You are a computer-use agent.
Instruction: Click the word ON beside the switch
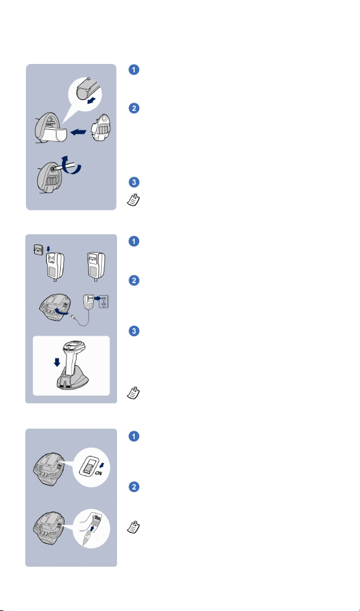coord(99,473)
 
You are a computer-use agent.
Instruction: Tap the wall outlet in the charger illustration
coord(104,301)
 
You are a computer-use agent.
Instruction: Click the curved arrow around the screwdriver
coord(73,165)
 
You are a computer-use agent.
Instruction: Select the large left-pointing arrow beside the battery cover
coord(78,132)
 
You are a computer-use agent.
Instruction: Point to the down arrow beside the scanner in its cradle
coord(57,362)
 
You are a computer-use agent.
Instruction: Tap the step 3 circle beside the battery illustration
coord(134,182)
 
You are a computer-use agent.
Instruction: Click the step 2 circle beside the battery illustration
coord(134,108)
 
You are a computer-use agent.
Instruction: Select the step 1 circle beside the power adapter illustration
coord(134,241)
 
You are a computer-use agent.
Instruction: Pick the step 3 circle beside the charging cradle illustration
coord(134,331)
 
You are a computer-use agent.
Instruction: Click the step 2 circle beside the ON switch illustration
coord(134,487)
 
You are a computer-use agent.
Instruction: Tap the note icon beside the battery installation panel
coord(133,199)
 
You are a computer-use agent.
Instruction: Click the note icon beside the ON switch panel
coord(133,527)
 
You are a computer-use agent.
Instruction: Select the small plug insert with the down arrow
coord(38,249)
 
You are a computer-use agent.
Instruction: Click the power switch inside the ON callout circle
coord(89,466)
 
